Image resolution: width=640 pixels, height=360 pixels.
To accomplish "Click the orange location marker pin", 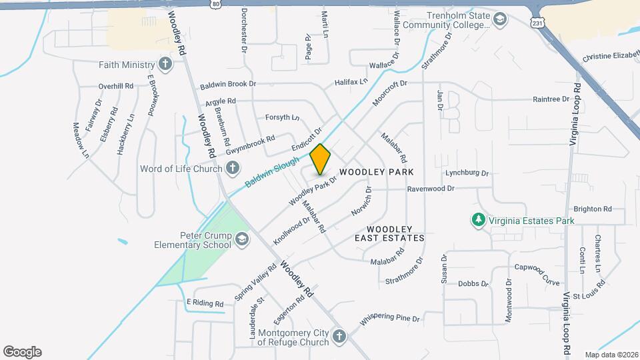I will point(321,159).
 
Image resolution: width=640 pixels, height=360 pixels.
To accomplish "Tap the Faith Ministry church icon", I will point(165,65).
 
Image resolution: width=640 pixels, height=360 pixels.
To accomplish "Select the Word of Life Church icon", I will point(232,169).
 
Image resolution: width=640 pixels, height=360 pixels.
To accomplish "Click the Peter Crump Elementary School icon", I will point(241,239).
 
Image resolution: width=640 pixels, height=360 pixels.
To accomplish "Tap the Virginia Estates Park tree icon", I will point(477,220).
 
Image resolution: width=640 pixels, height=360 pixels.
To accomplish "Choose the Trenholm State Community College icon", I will point(499,20).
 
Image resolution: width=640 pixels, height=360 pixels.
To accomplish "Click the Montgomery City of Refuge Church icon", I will point(339,337).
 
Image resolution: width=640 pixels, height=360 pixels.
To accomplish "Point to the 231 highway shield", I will point(538,23).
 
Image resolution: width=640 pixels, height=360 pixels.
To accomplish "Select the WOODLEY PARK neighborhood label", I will point(381,172).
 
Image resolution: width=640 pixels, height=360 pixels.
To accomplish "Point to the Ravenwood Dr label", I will point(431,189).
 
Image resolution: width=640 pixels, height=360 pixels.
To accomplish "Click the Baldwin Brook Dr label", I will point(228,85).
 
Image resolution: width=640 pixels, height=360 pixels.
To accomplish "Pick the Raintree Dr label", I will point(551,99).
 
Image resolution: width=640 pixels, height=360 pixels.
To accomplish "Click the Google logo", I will point(22,352).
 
